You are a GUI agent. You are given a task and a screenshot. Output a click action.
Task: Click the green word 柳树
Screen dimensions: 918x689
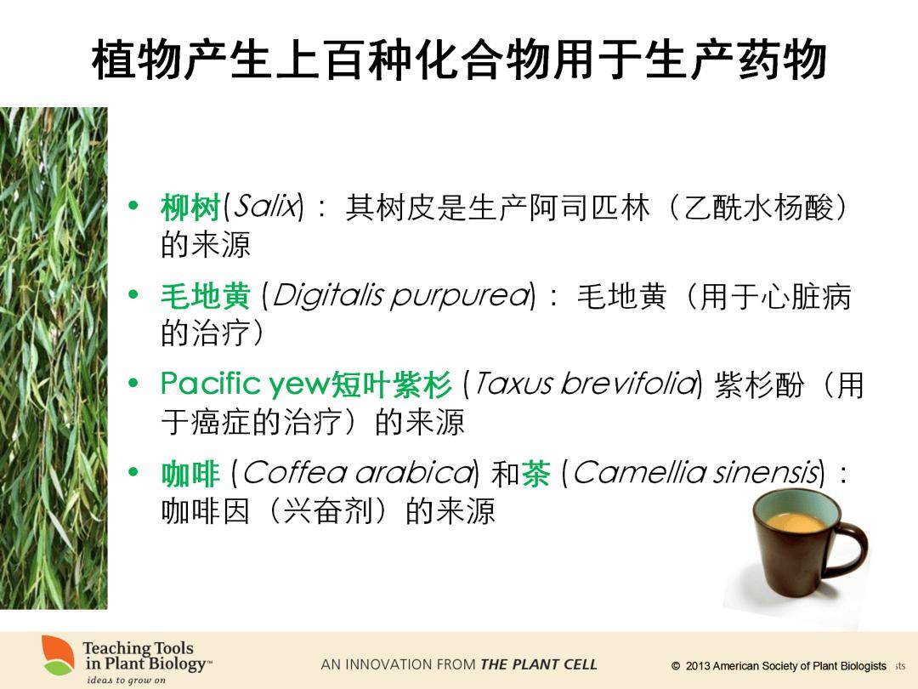coord(190,208)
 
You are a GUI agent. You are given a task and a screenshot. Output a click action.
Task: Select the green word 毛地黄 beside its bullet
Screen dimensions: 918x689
coord(206,296)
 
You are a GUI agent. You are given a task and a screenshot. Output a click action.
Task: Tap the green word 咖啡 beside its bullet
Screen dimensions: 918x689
coord(190,474)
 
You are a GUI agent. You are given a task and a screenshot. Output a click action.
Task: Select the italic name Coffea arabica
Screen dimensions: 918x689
coord(357,473)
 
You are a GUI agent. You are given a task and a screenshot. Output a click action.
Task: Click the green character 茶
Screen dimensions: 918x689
coord(535,474)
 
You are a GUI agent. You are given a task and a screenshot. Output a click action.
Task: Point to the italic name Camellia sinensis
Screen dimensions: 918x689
coord(695,473)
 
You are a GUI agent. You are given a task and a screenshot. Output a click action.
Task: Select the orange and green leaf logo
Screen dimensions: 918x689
coord(58,655)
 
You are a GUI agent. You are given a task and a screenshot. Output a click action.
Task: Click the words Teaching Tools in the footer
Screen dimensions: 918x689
coord(138,648)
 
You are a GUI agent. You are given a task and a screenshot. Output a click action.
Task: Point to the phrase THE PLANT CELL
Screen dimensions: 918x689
coord(538,664)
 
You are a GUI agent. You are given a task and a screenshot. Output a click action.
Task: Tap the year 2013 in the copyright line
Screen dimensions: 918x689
coord(697,666)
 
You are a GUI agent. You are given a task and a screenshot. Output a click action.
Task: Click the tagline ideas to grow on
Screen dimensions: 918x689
coord(126,680)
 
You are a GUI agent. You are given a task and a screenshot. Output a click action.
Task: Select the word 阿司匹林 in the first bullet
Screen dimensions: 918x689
coord(589,208)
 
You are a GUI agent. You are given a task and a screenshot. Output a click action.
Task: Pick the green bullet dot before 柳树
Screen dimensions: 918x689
coord(133,206)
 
